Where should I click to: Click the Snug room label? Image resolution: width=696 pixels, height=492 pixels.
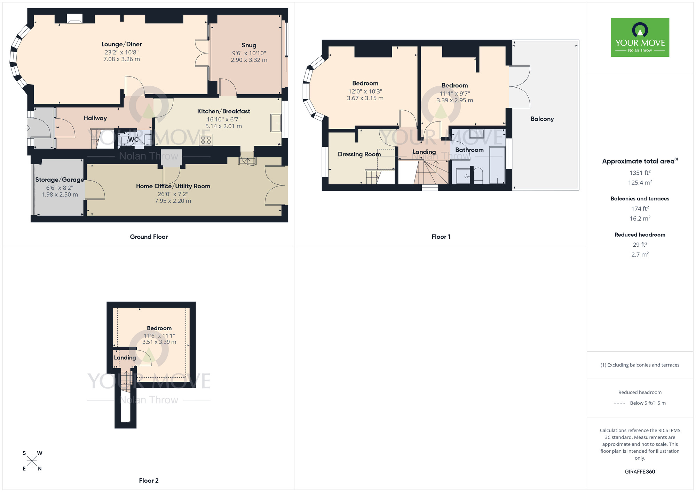tap(249, 45)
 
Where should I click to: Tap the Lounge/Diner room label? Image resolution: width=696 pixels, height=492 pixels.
tap(121, 44)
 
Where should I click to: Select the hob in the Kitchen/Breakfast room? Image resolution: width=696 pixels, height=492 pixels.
tap(206, 140)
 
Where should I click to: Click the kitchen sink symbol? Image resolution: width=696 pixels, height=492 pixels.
tap(276, 123)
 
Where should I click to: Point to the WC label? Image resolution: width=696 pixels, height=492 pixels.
tap(134, 140)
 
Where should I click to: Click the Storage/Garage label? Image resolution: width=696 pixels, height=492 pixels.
tap(60, 180)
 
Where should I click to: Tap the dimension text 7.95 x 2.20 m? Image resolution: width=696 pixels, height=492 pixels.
tap(173, 201)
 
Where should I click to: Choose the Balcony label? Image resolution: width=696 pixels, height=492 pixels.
tap(542, 119)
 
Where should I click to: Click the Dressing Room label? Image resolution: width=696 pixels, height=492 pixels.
tap(359, 154)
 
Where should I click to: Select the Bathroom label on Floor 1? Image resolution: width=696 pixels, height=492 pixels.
tap(469, 150)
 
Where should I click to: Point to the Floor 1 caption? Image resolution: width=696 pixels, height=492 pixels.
tap(441, 237)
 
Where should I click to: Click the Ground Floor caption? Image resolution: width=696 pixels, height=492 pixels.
tap(149, 237)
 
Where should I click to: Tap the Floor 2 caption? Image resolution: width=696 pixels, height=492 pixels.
tap(149, 481)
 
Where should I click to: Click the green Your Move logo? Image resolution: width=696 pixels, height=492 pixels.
tap(640, 38)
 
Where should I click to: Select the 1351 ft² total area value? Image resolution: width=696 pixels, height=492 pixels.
tap(640, 173)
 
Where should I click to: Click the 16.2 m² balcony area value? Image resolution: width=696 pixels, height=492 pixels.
tap(640, 219)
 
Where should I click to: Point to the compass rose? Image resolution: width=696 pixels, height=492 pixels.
tap(32, 461)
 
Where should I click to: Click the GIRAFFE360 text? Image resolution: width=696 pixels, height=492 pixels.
tap(640, 472)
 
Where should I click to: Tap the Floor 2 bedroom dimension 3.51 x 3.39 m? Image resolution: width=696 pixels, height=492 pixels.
tap(159, 342)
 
